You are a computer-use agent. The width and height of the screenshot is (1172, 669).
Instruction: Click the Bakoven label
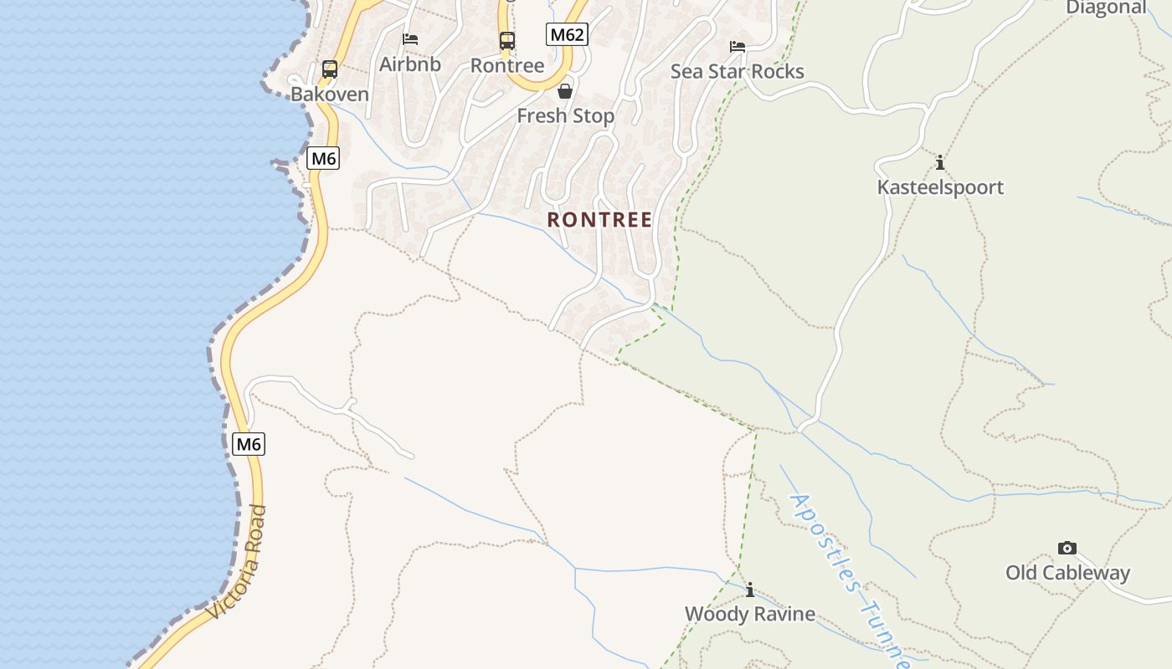[329, 94]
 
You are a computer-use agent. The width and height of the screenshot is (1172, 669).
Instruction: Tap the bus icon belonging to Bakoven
[330, 69]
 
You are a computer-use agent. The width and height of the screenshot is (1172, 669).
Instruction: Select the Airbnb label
[410, 64]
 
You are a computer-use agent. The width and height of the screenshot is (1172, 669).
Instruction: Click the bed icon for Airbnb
[410, 38]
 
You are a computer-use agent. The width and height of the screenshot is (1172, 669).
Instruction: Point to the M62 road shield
[567, 34]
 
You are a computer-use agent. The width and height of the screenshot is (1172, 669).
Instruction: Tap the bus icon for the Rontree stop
[507, 40]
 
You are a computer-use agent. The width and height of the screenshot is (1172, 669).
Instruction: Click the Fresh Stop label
[565, 116]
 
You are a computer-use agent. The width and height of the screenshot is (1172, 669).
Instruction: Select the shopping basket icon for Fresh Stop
[565, 91]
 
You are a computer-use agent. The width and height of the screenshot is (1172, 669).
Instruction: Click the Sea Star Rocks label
[737, 71]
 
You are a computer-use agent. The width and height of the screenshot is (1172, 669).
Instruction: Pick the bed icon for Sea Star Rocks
[738, 47]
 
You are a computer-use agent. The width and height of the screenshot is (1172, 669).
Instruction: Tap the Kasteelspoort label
[940, 186]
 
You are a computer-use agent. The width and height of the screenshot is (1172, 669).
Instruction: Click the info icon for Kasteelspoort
[940, 162]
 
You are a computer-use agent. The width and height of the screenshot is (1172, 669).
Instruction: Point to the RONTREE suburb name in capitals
[599, 220]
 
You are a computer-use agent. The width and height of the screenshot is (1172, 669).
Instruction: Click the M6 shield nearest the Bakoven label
[323, 158]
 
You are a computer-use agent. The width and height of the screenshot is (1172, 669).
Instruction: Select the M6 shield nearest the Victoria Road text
[249, 444]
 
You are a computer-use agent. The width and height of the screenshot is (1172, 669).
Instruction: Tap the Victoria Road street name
[238, 562]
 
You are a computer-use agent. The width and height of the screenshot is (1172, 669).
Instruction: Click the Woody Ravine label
[749, 614]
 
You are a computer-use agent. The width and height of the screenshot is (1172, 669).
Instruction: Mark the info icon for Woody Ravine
[750, 590]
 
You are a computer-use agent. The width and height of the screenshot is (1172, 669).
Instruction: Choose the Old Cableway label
[1067, 573]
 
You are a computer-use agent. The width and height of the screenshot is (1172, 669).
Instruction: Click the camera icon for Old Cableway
[1067, 549]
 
